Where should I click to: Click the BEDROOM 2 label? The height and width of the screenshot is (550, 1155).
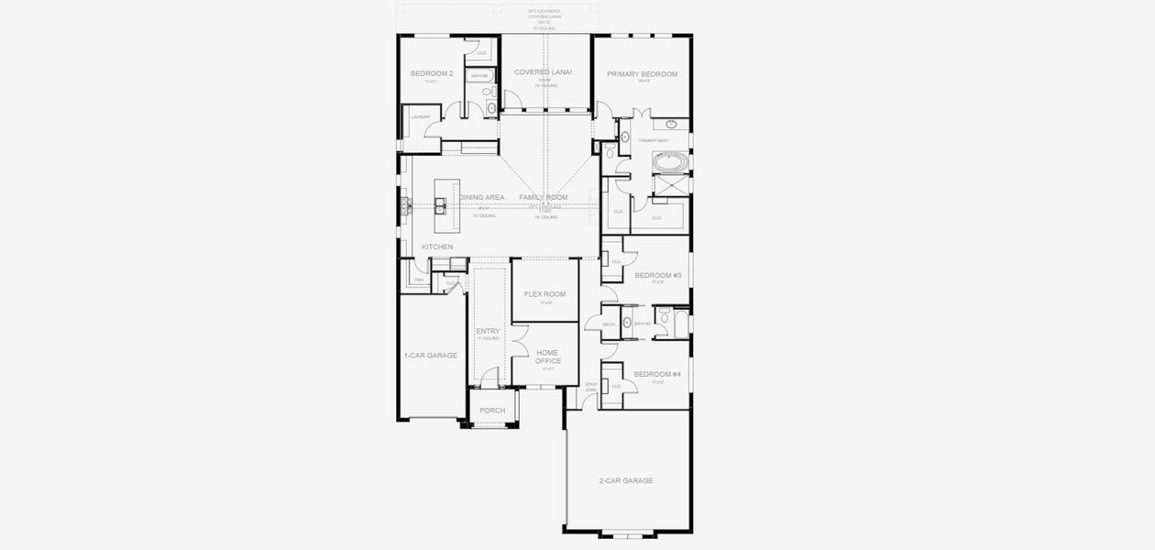[431, 73]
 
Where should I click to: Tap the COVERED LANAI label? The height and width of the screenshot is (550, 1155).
[544, 71]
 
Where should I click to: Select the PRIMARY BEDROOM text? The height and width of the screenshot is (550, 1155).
[642, 73]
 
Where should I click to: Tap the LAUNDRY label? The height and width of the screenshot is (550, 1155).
[421, 117]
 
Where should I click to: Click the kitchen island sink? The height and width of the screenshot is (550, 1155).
[441, 208]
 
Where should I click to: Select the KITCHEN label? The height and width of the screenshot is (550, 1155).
[436, 247]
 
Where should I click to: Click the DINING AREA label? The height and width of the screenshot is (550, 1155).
[482, 197]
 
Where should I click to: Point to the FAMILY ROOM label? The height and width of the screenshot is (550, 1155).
[544, 197]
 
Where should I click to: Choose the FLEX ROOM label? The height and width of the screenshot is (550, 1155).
[544, 294]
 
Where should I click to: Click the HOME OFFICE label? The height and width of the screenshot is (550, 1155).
[547, 357]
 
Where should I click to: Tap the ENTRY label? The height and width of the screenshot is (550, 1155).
[488, 331]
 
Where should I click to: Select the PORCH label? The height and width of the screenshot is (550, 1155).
[492, 410]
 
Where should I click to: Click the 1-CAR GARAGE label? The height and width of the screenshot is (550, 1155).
[430, 355]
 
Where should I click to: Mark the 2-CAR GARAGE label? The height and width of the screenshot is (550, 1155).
[626, 480]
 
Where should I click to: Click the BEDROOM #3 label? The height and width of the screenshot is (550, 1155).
[657, 275]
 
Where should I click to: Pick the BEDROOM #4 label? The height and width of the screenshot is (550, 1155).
[657, 373]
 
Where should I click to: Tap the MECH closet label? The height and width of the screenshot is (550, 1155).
[609, 324]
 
